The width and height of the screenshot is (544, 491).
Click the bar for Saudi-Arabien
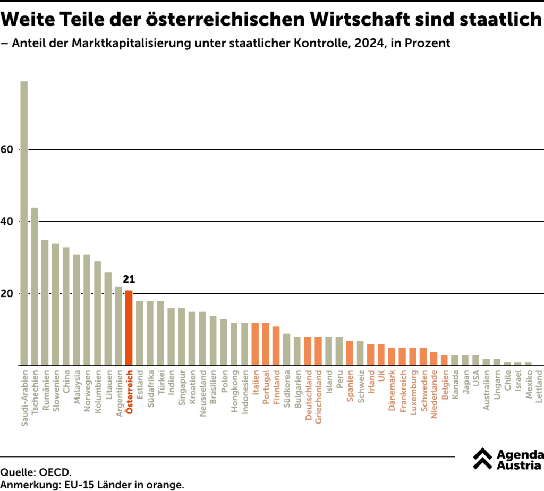point(24,223)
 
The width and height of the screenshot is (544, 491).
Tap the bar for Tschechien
point(35,286)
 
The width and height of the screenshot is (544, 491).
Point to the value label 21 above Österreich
point(129,280)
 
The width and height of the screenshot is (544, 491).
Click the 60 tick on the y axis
point(6,150)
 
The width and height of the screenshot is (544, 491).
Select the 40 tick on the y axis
point(6,222)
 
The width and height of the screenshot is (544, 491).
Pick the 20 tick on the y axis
point(6,294)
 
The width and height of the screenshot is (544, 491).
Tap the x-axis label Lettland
point(539,387)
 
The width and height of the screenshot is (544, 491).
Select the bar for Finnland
point(276,346)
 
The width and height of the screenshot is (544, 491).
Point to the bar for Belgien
point(444,360)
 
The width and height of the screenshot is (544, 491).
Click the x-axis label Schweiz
point(360,387)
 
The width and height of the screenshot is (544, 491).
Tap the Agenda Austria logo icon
point(482,459)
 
